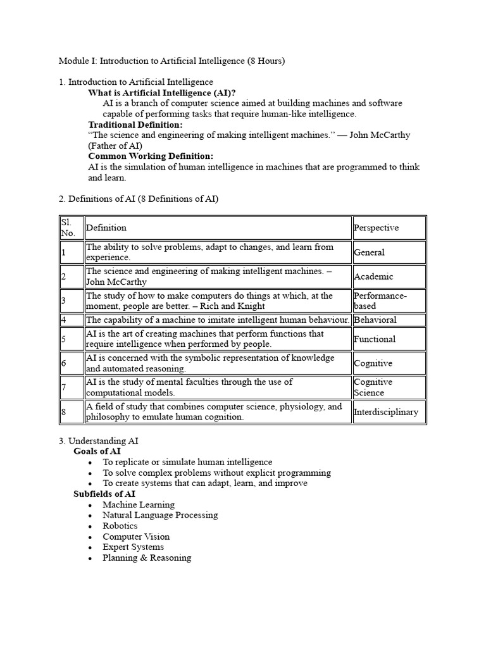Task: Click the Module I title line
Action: pos(171,61)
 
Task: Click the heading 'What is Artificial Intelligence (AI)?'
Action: pos(161,92)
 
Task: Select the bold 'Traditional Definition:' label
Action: pos(135,125)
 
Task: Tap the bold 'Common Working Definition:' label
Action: pos(151,156)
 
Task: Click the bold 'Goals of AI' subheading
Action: pos(97,451)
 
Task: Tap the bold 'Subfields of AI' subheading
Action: pos(104,494)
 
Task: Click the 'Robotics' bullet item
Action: pos(120,526)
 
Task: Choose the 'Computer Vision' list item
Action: pos(136,537)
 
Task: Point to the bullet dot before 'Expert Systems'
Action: pos(91,548)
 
